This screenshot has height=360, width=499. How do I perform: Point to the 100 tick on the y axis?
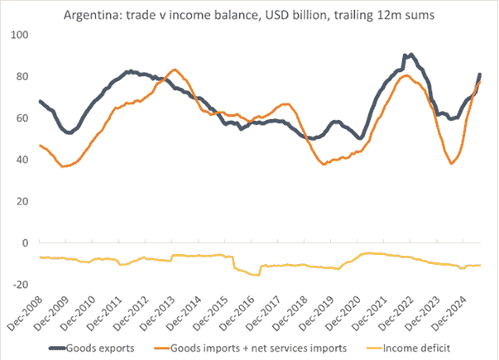coord(18,36)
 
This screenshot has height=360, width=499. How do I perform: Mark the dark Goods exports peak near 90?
coord(411,55)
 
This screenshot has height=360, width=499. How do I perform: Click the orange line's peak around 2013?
coord(174,70)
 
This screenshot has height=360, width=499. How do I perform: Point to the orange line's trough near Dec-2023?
coord(452,163)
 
